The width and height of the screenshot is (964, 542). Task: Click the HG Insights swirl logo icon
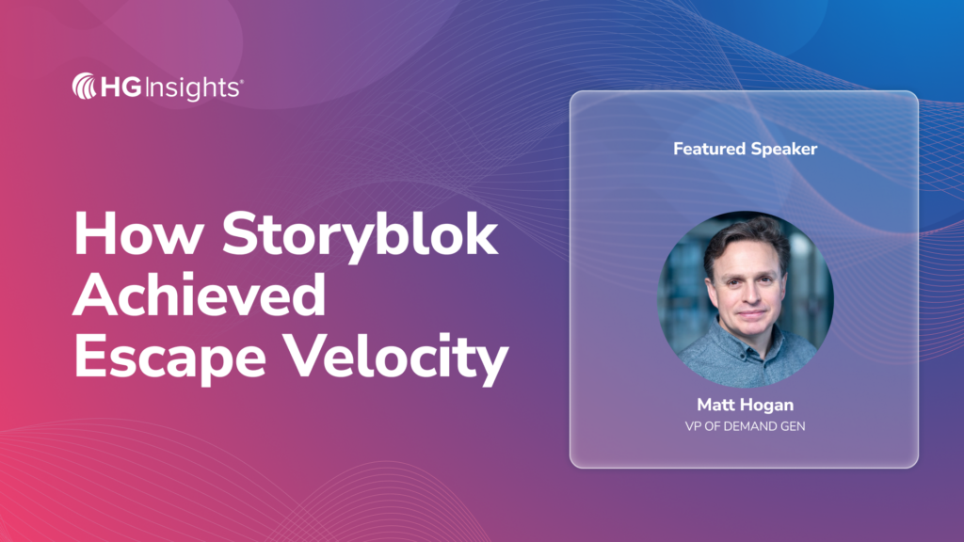point(84,87)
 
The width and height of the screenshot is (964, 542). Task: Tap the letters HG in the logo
point(121,88)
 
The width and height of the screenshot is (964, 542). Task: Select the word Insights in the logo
point(192,88)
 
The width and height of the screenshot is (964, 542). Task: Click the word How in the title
point(139,234)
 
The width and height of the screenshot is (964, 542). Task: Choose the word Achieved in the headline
point(200,295)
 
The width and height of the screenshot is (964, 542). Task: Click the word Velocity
point(397,359)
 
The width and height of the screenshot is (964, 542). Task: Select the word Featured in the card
point(709,149)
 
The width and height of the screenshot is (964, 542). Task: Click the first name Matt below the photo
point(716,405)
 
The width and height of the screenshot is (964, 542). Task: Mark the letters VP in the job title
point(693,426)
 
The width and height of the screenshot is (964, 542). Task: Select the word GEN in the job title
point(794,426)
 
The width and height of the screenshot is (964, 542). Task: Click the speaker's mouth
point(751,314)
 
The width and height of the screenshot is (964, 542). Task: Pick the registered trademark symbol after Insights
point(241,81)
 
